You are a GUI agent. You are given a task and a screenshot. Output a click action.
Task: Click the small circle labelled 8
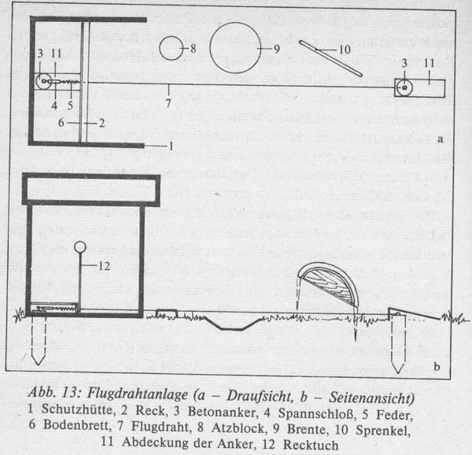[171, 48]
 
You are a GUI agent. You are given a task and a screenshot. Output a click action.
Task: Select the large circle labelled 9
[235, 48]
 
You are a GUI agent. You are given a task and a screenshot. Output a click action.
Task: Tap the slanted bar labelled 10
[330, 58]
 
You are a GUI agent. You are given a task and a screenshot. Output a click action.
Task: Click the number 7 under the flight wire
[168, 103]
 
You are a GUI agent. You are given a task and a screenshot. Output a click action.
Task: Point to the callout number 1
[171, 146]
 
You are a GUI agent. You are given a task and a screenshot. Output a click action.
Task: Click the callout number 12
[104, 266]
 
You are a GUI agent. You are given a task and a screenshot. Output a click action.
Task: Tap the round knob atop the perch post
[80, 247]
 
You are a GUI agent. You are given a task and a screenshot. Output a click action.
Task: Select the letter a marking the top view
[440, 139]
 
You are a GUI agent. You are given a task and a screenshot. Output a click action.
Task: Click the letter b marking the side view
[437, 367]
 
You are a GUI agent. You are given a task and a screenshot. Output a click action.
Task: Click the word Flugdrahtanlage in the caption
[138, 394]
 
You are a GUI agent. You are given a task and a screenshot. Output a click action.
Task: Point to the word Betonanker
[223, 412]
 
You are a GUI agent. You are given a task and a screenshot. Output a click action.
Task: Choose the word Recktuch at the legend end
[311, 445]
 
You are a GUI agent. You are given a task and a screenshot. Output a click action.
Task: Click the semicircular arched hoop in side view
[328, 284]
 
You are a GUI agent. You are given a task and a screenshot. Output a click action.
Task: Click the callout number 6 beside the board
[61, 123]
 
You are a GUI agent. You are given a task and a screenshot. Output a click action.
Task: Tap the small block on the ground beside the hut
[167, 313]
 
